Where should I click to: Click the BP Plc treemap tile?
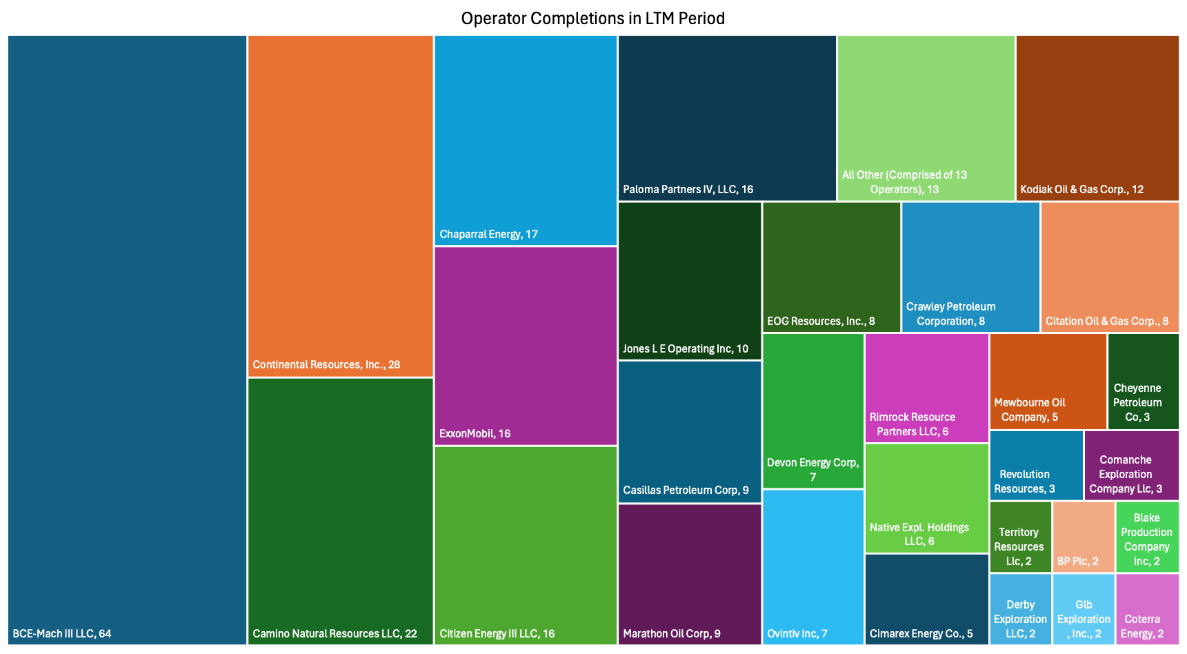click(1083, 536)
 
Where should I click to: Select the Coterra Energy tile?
click(1147, 608)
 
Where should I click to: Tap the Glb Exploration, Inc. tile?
click(1083, 608)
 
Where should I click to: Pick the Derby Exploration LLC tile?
click(1020, 608)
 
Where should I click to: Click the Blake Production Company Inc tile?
click(1147, 536)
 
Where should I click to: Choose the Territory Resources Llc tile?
click(1020, 536)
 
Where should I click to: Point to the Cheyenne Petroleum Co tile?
click(1143, 381)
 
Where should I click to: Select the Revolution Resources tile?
click(1035, 464)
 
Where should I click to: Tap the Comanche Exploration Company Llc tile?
click(1131, 464)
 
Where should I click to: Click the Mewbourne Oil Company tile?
click(1048, 381)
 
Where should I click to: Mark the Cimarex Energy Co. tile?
click(926, 598)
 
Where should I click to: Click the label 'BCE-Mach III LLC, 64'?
click(62, 633)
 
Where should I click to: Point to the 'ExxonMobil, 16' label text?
click(475, 433)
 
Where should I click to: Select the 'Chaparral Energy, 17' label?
click(488, 234)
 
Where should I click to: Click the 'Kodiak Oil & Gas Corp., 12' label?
click(1081, 189)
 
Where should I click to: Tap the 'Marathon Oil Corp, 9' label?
click(671, 633)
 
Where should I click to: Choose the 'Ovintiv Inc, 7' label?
click(797, 633)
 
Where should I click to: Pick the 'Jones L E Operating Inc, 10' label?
click(685, 348)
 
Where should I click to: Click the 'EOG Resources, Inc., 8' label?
click(821, 321)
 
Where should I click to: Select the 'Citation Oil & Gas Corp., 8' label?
click(1106, 321)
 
